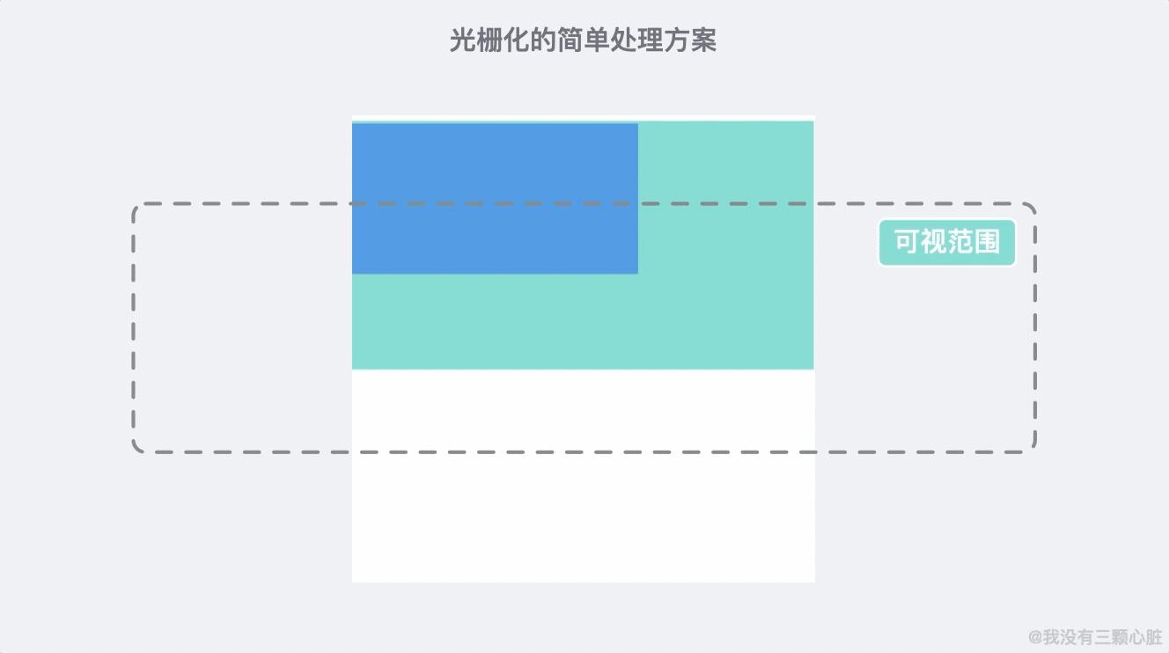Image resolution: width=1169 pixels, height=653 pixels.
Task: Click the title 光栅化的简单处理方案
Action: click(583, 40)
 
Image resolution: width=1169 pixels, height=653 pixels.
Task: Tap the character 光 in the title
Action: click(463, 40)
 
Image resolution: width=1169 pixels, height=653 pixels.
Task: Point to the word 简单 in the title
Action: click(584, 40)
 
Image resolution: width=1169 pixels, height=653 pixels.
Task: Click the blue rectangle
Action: click(495, 198)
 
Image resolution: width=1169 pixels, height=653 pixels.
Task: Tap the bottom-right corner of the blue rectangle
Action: click(636, 272)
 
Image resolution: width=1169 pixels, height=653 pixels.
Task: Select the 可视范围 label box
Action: click(947, 242)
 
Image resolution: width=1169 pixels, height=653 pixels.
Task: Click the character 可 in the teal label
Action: click(908, 242)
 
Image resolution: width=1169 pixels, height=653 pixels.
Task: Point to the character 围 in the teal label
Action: click(988, 242)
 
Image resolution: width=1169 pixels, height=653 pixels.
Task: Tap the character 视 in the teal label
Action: click(934, 242)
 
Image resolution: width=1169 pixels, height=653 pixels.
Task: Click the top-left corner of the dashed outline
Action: click(136, 207)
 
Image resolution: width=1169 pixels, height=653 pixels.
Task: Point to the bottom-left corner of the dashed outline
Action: click(136, 450)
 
